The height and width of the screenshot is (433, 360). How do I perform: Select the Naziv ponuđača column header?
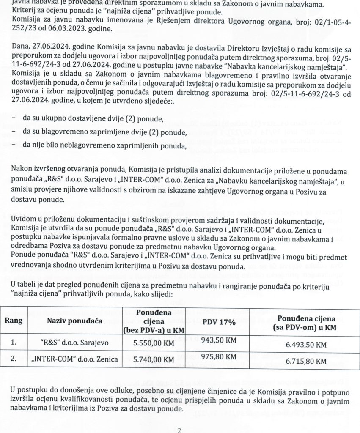[x=75, y=321]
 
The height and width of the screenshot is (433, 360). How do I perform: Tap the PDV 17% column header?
[x=219, y=322]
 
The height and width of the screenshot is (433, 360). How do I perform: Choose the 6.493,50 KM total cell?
[x=306, y=345]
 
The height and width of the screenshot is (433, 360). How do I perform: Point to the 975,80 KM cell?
[x=219, y=356]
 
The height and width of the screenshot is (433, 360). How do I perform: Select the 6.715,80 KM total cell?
[x=306, y=361]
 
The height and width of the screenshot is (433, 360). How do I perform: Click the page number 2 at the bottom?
[x=179, y=430]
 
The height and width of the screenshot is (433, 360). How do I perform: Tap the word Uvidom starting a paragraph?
[x=24, y=222]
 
